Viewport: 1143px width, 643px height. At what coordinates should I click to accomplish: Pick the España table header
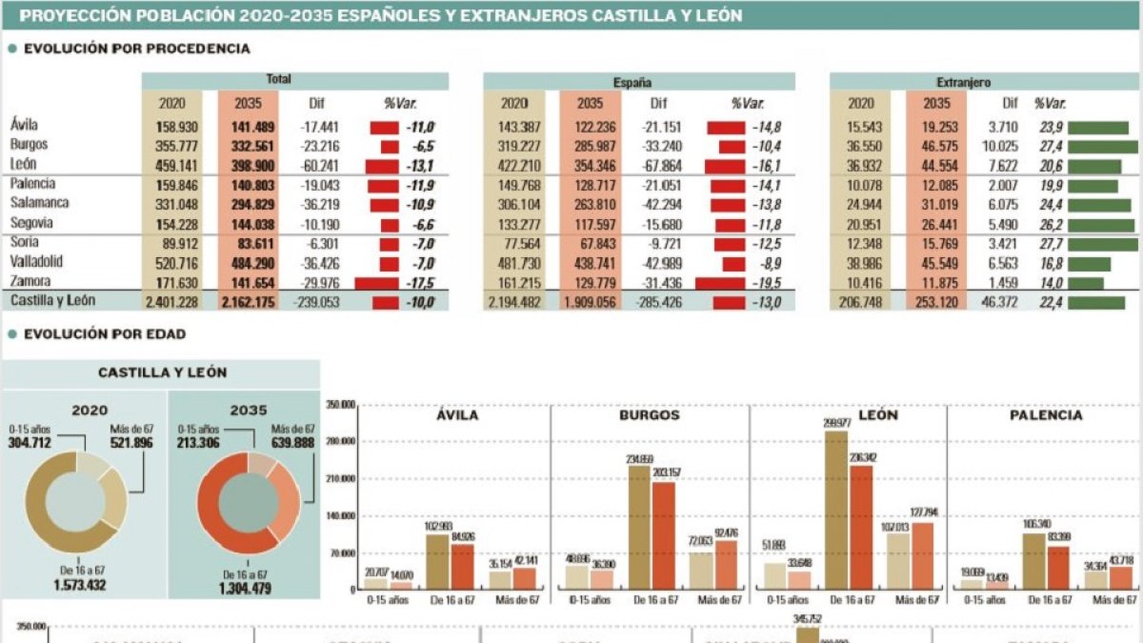638,83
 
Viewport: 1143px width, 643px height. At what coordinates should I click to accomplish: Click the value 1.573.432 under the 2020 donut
84,584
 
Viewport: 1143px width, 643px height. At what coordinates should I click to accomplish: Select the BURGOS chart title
650,415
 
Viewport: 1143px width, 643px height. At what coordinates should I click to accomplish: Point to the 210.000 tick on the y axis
341,479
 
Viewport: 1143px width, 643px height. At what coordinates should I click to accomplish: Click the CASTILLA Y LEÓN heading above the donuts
162,373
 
